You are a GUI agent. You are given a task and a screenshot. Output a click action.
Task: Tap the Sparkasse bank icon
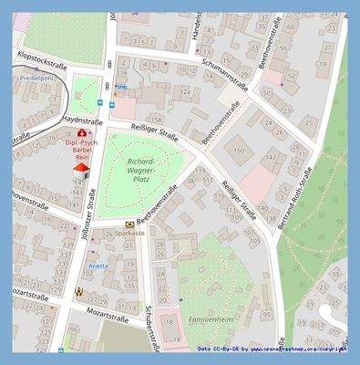pos(130,224)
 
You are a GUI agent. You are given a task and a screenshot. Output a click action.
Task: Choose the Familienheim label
pos(212,321)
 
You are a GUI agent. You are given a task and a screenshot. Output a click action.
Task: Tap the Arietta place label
pos(98,266)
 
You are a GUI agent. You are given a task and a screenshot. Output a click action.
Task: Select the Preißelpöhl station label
pos(36,78)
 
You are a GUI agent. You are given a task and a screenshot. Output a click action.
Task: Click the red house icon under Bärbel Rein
pos(81,168)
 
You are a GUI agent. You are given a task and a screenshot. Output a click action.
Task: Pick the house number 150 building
pos(239,149)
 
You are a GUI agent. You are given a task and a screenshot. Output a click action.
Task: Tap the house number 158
pos(156,120)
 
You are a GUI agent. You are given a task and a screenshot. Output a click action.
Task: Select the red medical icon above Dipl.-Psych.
pos(81,133)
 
